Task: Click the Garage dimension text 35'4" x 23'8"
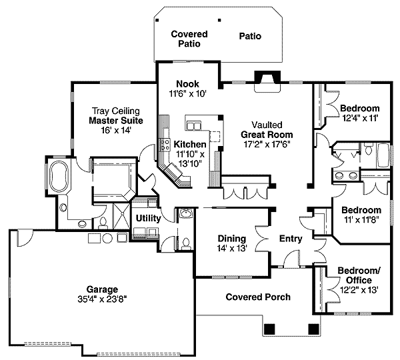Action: pyautogui.click(x=102, y=299)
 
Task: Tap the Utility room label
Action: pyautogui.click(x=148, y=219)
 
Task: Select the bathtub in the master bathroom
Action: pyautogui.click(x=59, y=175)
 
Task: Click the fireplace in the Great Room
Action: pyautogui.click(x=267, y=81)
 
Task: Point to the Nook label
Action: pyautogui.click(x=188, y=84)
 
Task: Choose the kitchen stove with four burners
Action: pyautogui.click(x=165, y=145)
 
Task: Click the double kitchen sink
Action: pyautogui.click(x=194, y=126)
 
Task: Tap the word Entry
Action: pyautogui.click(x=291, y=239)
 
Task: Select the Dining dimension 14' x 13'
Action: pyautogui.click(x=232, y=248)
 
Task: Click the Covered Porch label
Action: pyautogui.click(x=258, y=297)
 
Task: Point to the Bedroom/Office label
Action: pyautogui.click(x=359, y=275)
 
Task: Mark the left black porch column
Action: pyautogui.click(x=269, y=329)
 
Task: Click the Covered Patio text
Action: pyautogui.click(x=189, y=39)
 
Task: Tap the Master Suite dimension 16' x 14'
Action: pyautogui.click(x=116, y=131)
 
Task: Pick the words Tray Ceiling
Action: pyautogui.click(x=115, y=111)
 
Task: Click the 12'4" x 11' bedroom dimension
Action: pyautogui.click(x=359, y=118)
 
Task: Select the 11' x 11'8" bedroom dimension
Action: pyautogui.click(x=361, y=220)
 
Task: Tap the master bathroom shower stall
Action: pyautogui.click(x=122, y=216)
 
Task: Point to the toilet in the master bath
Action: pyautogui.click(x=103, y=223)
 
